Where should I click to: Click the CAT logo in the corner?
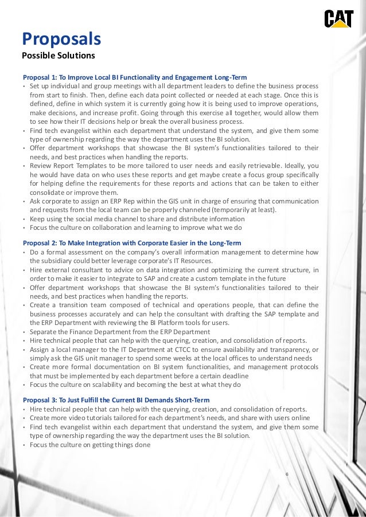[338, 19]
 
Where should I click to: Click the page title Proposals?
[61, 39]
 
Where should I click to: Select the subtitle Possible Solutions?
[58, 56]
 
